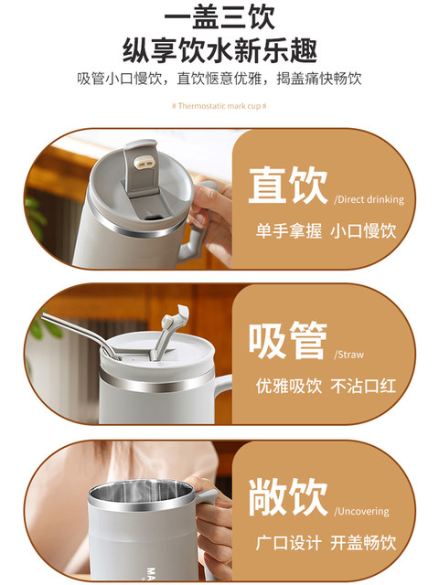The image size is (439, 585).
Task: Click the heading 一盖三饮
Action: tap(219, 16)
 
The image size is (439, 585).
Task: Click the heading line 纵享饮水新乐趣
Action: tap(219, 51)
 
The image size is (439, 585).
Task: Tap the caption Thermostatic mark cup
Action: tap(219, 106)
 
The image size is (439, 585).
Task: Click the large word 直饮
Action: tap(288, 186)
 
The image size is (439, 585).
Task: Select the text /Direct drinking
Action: tap(369, 199)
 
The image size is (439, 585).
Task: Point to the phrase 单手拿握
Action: tap(289, 230)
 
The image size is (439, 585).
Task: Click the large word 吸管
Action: tap(288, 340)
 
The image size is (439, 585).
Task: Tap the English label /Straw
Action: tap(348, 355)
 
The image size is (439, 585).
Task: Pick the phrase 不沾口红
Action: tap(363, 386)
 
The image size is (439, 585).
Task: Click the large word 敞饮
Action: tap(288, 496)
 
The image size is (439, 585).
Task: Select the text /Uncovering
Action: tap(361, 511)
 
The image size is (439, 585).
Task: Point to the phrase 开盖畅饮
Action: tap(363, 542)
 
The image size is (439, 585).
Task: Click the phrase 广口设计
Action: tap(289, 542)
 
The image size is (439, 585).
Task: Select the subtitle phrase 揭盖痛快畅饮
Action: tap(319, 79)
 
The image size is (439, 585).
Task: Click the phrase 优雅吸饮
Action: tap(289, 386)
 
